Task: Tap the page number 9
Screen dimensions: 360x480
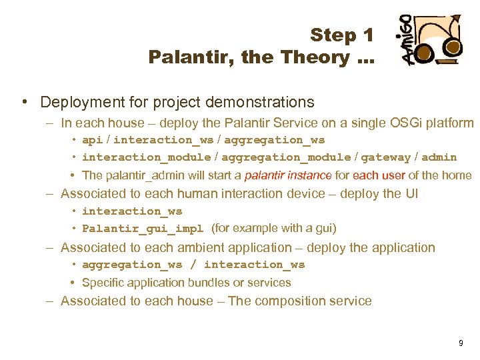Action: click(461, 343)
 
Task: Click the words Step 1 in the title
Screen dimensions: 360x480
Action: click(341, 35)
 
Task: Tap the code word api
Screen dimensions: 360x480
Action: click(92, 140)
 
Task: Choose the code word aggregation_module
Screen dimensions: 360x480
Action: click(286, 157)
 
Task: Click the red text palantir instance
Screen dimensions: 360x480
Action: click(288, 176)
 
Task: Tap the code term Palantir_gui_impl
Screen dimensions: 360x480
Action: click(143, 229)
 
